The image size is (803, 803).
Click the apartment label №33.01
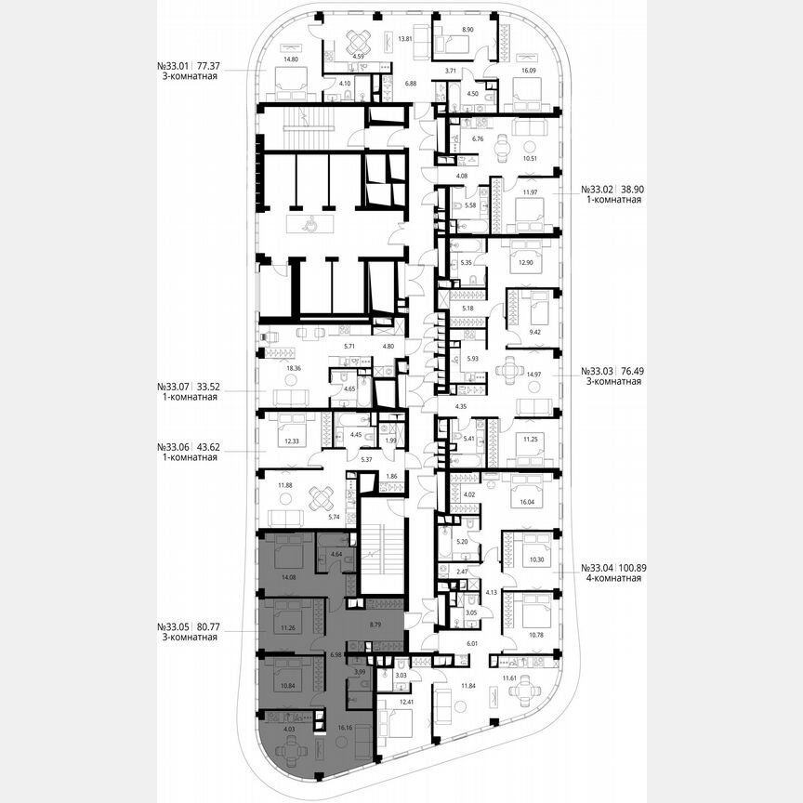174,67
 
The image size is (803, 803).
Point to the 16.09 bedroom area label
528,70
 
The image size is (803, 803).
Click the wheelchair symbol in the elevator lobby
313,223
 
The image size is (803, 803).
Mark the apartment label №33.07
174,386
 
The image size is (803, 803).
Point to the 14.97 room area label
533,375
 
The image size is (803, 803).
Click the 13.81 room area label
404,39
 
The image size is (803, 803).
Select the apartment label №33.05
174,626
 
